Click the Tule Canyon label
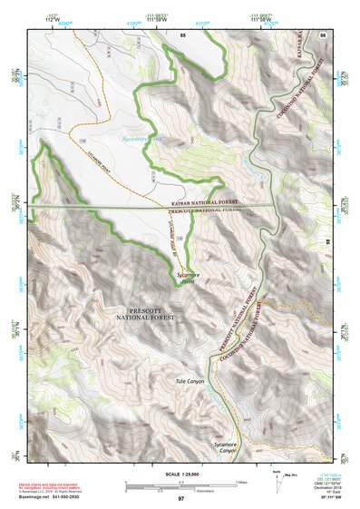[190, 382]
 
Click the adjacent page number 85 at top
[182, 34]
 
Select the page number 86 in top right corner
[323, 34]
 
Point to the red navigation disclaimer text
[53, 485]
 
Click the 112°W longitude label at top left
[37, 18]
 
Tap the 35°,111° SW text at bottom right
[324, 498]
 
